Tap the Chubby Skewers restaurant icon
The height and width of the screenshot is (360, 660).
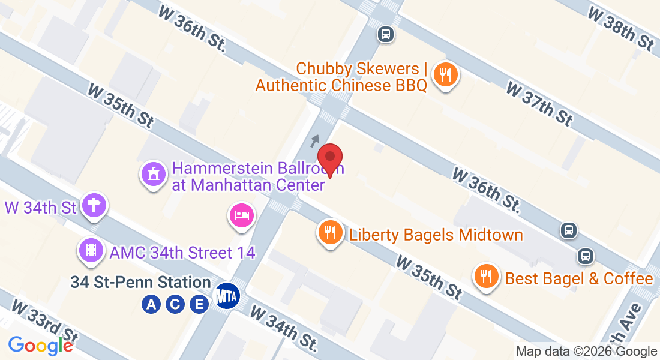coord(445,75)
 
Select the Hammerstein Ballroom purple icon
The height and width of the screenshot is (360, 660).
coord(154,175)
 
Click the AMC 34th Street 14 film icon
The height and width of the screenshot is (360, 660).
coord(91,250)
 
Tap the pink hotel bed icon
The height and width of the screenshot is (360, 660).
coord(241,215)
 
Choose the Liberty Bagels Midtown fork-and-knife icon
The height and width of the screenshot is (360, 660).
coord(330,232)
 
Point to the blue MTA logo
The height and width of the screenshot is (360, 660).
coord(228,296)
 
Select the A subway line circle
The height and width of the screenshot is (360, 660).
coord(151,305)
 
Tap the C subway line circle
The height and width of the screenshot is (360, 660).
coord(175,305)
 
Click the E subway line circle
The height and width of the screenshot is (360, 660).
coord(199,305)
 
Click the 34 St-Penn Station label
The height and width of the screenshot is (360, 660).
coord(140,282)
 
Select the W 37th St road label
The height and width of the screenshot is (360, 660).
coord(539,103)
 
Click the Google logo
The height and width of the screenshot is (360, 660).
coord(41,346)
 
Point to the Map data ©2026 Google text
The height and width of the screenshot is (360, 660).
coord(586,352)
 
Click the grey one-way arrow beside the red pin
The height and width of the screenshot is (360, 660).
coord(315,140)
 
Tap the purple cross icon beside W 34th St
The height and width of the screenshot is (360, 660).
coord(94,206)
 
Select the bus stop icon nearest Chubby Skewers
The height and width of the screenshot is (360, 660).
coord(386,34)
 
